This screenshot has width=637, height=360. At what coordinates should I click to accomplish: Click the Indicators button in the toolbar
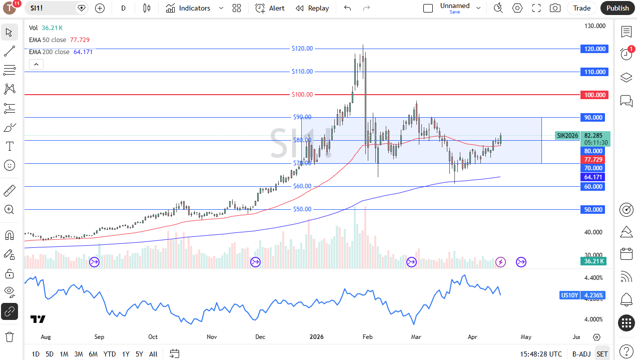(188, 8)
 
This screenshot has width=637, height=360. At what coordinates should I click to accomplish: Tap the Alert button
(270, 8)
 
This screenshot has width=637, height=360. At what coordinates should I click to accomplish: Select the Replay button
(312, 8)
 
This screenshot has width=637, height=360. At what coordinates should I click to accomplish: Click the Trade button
(581, 8)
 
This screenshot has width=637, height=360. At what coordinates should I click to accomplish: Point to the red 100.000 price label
(593, 95)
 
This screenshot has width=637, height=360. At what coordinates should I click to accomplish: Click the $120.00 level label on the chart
(302, 49)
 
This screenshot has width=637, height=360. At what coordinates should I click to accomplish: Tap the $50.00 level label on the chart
(302, 209)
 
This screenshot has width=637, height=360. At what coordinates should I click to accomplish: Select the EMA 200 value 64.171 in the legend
(83, 52)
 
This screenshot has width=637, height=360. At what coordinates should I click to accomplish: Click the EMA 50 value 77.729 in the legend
(80, 40)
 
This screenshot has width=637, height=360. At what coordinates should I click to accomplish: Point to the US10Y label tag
(569, 295)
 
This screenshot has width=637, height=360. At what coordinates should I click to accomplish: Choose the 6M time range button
(93, 354)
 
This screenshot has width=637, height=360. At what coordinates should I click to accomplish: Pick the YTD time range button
(110, 354)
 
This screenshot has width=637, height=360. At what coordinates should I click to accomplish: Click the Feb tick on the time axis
(367, 337)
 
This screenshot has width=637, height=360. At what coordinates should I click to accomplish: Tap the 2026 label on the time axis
(316, 337)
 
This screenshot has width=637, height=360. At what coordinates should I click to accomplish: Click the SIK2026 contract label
(567, 136)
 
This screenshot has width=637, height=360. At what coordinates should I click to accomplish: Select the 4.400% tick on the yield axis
(593, 278)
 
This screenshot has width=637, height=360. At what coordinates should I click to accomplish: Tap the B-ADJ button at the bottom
(581, 354)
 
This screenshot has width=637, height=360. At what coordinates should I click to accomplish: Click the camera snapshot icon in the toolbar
(555, 8)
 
